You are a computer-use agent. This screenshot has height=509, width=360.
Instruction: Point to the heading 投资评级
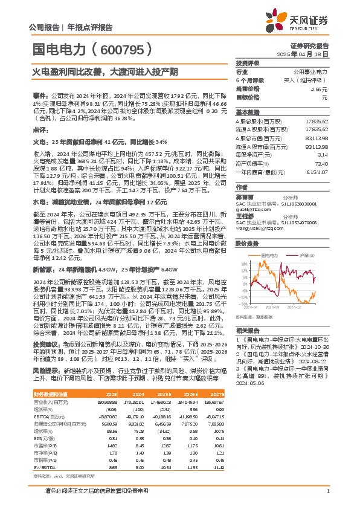(248, 63)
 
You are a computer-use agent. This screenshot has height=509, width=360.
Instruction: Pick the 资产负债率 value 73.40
(321, 163)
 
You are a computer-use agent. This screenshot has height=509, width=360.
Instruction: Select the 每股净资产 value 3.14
(323, 155)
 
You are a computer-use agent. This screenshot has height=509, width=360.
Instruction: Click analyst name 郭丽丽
(244, 197)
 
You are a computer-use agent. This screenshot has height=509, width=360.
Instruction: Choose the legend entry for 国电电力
(269, 256)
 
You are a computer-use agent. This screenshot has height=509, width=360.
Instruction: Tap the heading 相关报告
(248, 331)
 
